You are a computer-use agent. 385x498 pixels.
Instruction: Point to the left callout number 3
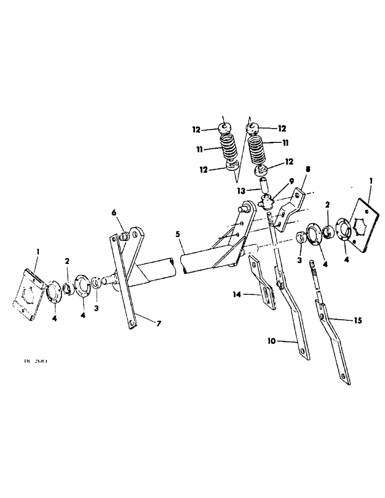pyautogui.click(x=96, y=308)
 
